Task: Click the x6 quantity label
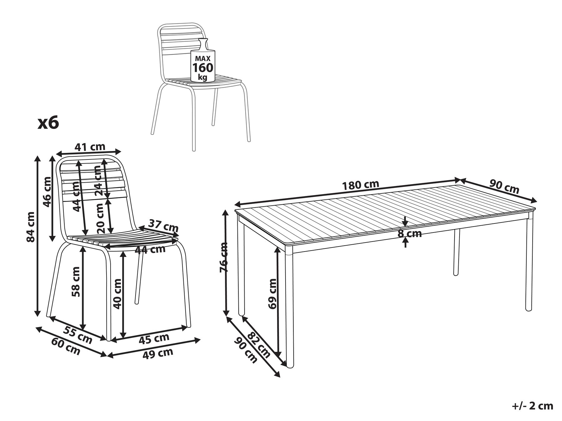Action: [x=48, y=123]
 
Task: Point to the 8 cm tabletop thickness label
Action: [x=409, y=233]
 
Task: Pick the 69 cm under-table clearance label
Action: [x=272, y=293]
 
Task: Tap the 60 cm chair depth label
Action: [x=66, y=346]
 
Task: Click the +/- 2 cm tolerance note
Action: [x=533, y=406]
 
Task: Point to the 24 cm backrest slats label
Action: [x=98, y=180]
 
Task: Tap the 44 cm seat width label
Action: [x=150, y=249]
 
